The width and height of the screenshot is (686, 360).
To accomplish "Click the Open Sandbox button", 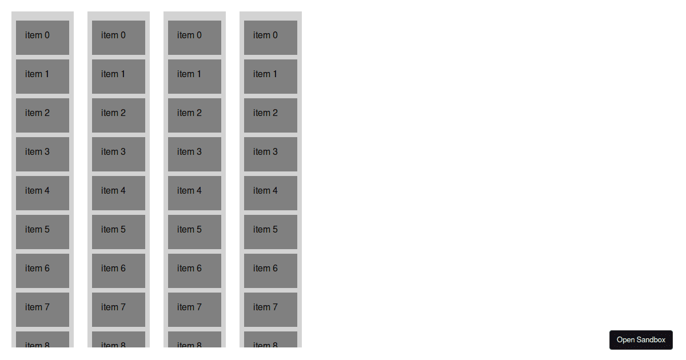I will click(x=641, y=340).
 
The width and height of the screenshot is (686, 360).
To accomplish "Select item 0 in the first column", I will click(x=42, y=38).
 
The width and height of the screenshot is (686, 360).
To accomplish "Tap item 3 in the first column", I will click(x=42, y=154).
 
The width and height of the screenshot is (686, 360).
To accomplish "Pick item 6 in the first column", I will click(x=42, y=271).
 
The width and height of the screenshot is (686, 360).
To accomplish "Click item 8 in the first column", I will click(x=42, y=340).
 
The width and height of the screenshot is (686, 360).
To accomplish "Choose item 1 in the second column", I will click(x=118, y=77).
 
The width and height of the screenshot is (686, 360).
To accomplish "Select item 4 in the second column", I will click(x=118, y=193).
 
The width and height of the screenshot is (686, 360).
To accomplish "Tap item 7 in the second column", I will click(x=118, y=310).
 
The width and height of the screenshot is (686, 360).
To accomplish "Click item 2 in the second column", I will click(x=118, y=115).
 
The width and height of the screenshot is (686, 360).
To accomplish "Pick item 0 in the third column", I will click(x=194, y=38).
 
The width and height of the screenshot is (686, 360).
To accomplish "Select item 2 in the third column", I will click(x=194, y=115).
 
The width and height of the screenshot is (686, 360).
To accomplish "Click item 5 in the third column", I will click(x=194, y=232).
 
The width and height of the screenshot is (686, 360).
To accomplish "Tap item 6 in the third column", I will click(x=194, y=271).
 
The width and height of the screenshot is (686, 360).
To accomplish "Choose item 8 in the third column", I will click(x=194, y=340).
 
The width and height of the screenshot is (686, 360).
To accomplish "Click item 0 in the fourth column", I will click(x=270, y=38).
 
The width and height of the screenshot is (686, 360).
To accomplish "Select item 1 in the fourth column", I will click(x=270, y=77).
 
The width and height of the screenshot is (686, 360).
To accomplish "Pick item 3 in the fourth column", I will click(x=270, y=154).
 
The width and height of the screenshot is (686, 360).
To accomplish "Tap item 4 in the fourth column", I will click(x=270, y=193).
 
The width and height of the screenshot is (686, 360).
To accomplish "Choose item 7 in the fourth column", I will click(x=270, y=310).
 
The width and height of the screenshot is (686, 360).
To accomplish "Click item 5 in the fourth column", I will click(x=270, y=232).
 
